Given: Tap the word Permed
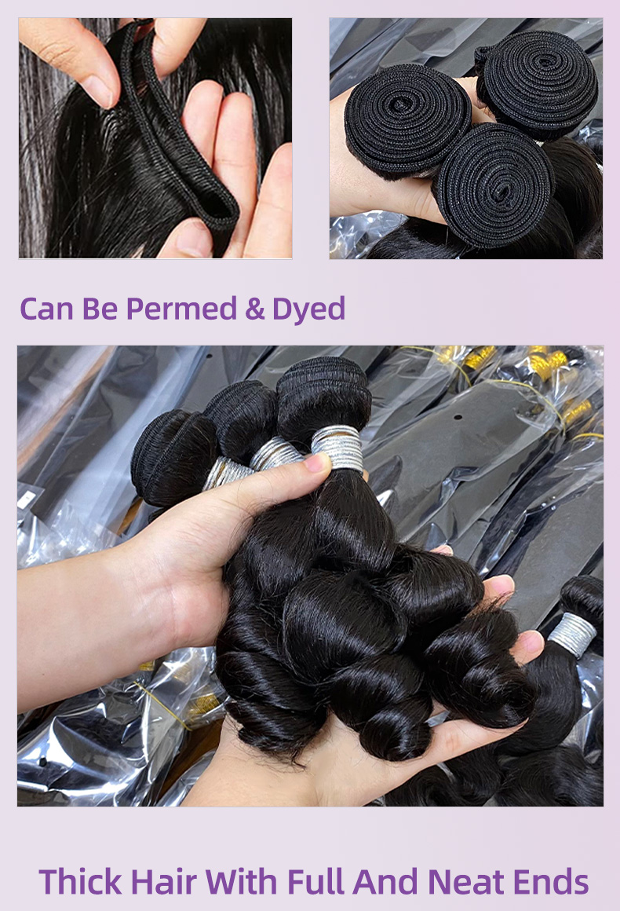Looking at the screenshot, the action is coord(181,309).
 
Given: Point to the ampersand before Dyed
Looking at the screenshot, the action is coord(255,309).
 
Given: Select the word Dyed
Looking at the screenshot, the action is coord(309,309).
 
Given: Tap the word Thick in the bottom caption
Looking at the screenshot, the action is coord(81,881).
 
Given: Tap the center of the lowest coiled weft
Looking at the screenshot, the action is coord(494,185).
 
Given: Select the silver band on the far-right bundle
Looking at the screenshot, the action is coord(572,635).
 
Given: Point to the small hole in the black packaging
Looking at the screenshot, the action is coord(458,416).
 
